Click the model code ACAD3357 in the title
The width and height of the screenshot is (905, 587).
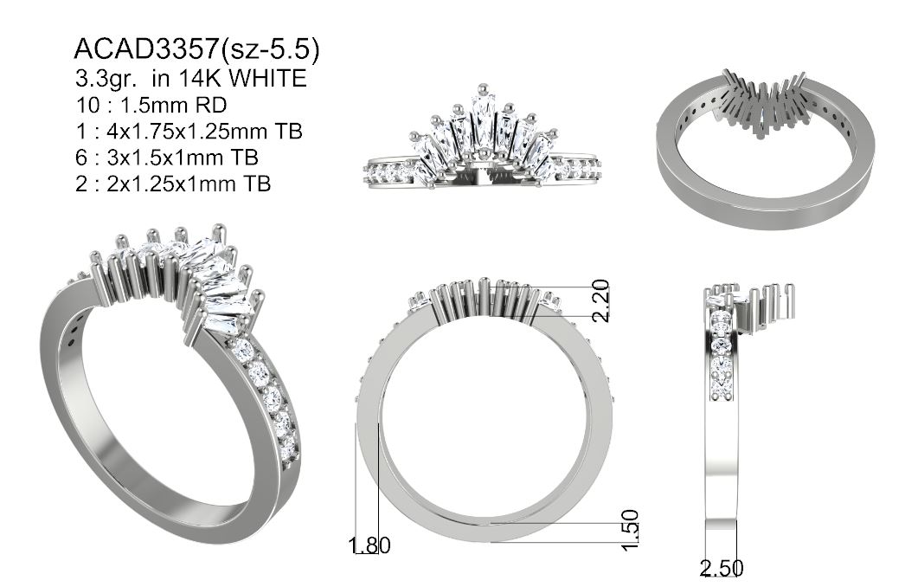click(x=146, y=49)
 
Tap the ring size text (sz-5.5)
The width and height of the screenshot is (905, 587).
click(x=270, y=49)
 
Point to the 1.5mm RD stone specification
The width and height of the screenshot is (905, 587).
click(x=172, y=105)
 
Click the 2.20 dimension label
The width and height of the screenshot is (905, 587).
click(x=600, y=300)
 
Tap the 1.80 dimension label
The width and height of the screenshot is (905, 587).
click(x=370, y=545)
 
